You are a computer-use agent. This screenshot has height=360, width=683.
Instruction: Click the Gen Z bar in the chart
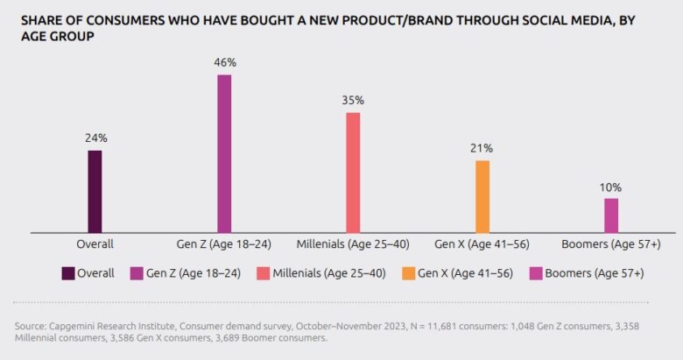(224, 153)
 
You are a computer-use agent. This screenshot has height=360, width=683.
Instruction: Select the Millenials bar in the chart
(353, 172)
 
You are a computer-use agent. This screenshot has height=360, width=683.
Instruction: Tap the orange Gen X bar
(482, 196)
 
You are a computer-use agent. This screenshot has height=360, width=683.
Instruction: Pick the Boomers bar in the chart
(611, 215)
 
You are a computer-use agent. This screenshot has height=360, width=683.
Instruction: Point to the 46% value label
(224, 63)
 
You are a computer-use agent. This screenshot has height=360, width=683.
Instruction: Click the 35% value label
(353, 101)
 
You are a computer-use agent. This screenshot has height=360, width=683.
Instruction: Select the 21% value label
(482, 148)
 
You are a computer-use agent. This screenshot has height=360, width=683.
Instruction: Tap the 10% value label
(611, 187)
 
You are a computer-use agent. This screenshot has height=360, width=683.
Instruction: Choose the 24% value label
(95, 138)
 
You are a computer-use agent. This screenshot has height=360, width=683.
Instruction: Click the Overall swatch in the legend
(67, 273)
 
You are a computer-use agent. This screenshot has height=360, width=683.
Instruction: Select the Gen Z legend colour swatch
(136, 273)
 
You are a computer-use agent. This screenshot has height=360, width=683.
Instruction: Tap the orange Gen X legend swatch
(408, 273)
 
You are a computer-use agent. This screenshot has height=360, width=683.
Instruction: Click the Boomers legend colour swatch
(535, 273)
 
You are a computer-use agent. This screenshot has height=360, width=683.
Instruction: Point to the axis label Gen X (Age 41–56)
(482, 244)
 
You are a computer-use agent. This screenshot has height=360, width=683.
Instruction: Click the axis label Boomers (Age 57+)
(611, 244)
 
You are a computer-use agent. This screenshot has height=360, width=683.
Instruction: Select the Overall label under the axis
(95, 244)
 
